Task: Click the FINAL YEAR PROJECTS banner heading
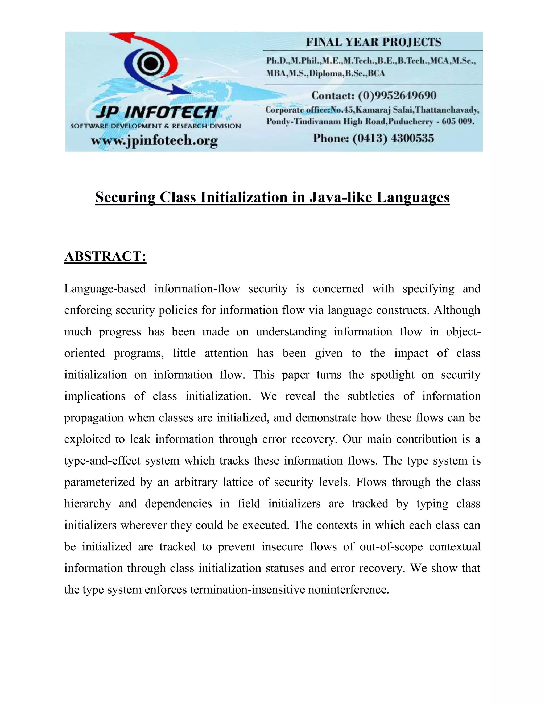pyautogui.click(x=373, y=42)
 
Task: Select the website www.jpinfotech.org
pyautogui.click(x=154, y=141)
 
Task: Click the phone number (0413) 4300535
pyautogui.click(x=393, y=139)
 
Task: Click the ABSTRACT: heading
pyautogui.click(x=105, y=257)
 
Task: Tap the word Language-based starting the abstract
pyautogui.click(x=105, y=289)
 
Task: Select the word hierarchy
pyautogui.click(x=88, y=504)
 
